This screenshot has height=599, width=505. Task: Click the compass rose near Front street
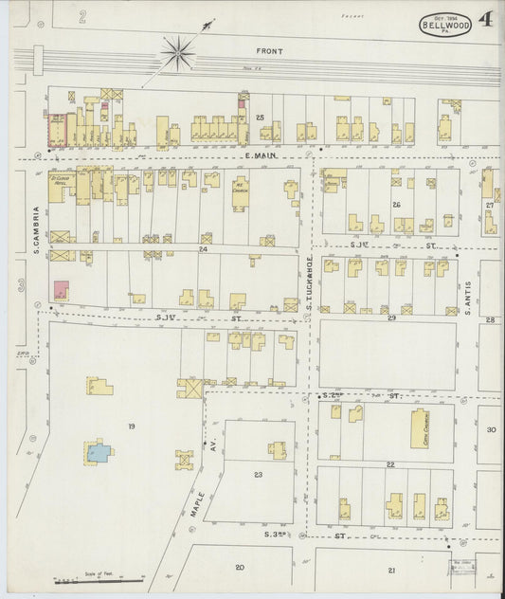pos(177,53)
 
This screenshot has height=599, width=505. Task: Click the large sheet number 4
pos(484,19)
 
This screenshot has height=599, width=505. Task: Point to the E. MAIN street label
pos(259,154)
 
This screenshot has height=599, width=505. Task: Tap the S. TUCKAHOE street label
pos(309,275)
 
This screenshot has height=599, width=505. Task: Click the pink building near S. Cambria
pos(60,290)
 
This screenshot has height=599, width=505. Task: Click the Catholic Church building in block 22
pos(420,428)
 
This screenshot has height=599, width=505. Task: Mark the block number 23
pos(257,474)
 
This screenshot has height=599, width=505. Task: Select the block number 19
pos(131,427)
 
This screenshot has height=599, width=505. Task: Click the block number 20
pos(240,566)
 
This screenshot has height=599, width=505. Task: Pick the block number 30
pos(491,429)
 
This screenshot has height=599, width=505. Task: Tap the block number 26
pos(396,204)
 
